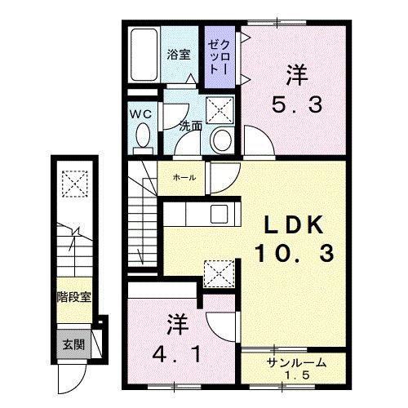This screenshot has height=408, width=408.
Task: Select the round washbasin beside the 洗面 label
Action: (220, 141)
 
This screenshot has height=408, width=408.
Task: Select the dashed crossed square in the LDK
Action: (215, 272)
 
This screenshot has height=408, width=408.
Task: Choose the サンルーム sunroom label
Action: (296, 362)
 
